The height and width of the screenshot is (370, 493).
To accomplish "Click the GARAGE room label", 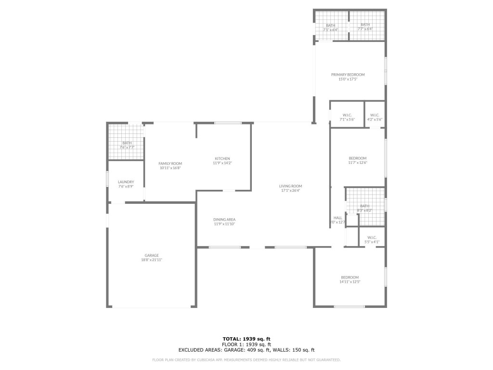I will click(x=152, y=255).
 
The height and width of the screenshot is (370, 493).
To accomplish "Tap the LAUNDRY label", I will click(x=126, y=182).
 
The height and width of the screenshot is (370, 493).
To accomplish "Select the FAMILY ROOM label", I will click(x=170, y=163).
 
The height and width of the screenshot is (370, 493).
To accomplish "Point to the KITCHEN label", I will click(x=222, y=159).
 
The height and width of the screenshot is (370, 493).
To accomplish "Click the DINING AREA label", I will click(x=224, y=219).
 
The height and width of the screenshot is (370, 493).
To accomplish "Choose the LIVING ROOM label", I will click(x=290, y=186).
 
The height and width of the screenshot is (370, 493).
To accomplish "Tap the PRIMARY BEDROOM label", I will click(x=348, y=75).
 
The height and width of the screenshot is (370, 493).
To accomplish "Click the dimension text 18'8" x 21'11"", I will click(x=152, y=260).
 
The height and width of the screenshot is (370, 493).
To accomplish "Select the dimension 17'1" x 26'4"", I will click(x=290, y=190).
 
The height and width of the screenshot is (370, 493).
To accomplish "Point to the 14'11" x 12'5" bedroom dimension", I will click(x=350, y=282).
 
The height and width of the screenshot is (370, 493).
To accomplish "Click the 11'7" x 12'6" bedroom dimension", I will click(x=358, y=163).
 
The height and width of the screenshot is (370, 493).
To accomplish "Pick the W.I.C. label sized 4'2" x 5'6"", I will click(x=375, y=115).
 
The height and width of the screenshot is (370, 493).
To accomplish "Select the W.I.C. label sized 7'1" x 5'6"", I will click(x=347, y=115).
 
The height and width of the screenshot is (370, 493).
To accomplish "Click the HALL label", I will click(x=338, y=218).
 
